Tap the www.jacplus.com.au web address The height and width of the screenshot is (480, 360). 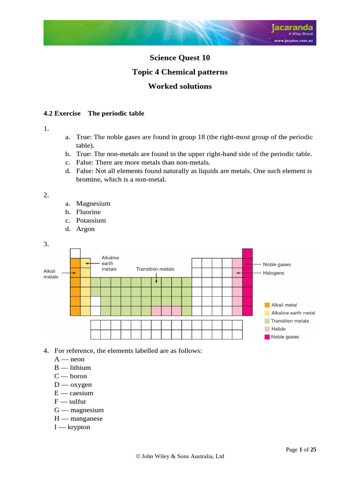coord(294,41)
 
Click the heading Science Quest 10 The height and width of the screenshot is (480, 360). coord(180,58)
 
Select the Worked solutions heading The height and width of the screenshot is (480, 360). coord(180,86)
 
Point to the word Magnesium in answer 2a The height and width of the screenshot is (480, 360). coord(93,203)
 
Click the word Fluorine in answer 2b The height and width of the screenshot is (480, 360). coord(88,212)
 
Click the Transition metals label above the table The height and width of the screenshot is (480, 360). coord(155,269)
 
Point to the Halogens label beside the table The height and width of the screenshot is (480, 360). coord(273,273)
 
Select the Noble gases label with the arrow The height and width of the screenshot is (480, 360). coord(277,264)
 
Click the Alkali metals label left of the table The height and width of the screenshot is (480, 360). coord(51,274)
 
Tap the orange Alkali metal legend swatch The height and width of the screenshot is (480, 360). coord(267,305)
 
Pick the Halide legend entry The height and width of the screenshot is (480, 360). coord(278,329)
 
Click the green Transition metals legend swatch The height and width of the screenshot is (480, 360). coord(267,321)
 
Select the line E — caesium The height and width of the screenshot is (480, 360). coord(74,393)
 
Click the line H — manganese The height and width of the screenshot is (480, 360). coord(78,418)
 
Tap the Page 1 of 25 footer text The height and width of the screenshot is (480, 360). coord(301,450)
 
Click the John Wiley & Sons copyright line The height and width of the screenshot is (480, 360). coord(180,456)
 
